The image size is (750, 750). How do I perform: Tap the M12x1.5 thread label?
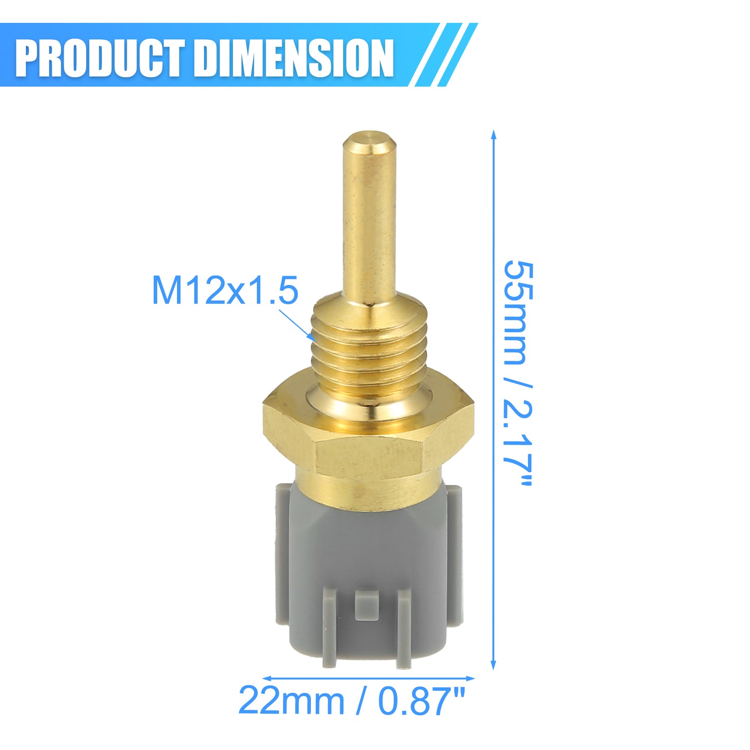click(225, 290)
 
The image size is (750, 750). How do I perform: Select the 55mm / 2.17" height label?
click(518, 373)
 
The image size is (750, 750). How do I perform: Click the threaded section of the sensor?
click(370, 352)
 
